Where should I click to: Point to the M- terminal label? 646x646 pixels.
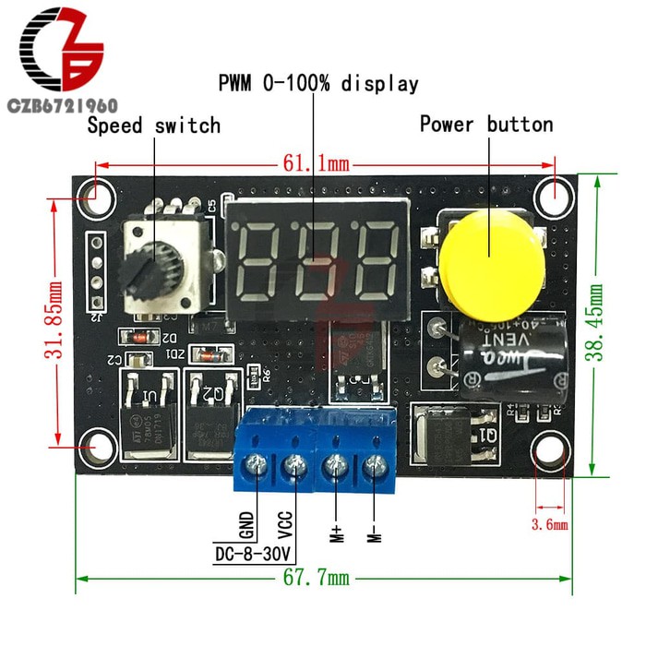click(x=374, y=531)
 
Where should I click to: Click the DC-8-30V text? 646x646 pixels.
click(x=252, y=554)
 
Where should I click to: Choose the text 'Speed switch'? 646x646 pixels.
click(x=154, y=126)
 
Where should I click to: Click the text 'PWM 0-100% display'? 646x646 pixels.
click(x=318, y=84)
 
